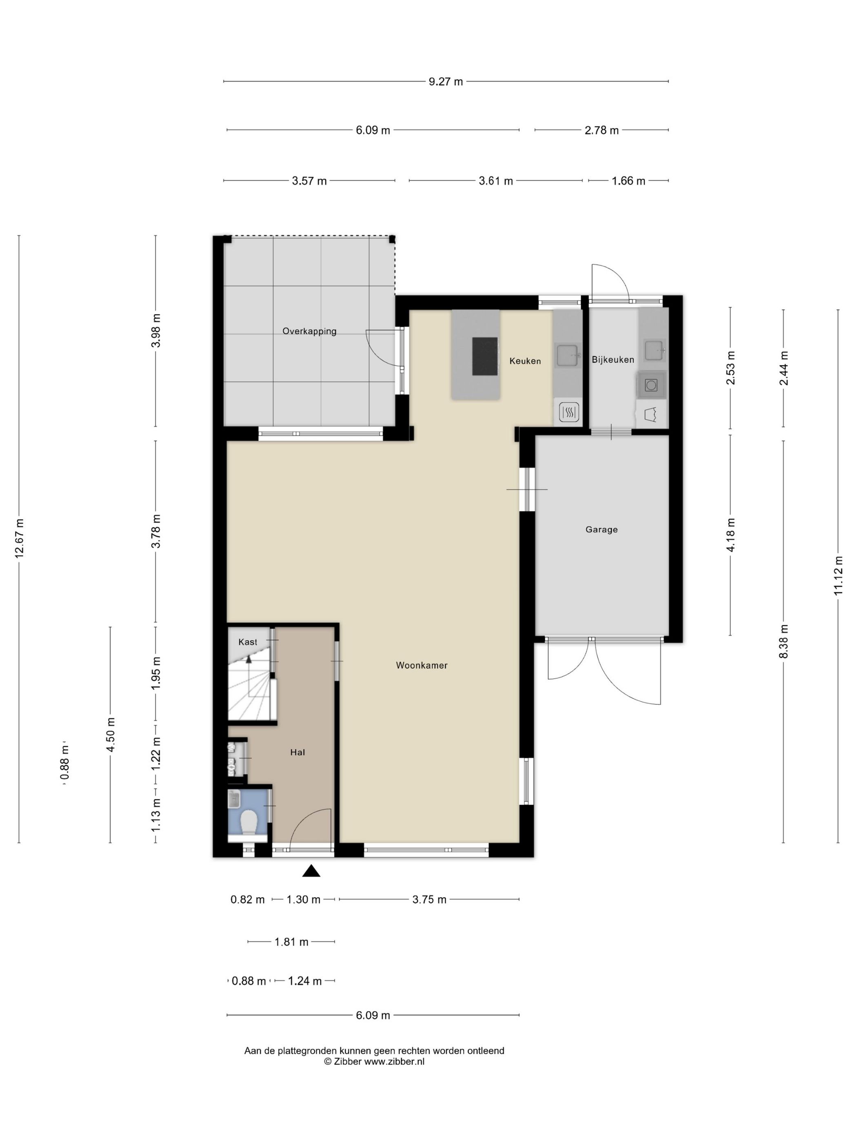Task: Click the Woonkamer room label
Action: point(422,666)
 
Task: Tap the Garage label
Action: point(601,530)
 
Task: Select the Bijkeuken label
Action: point(613,360)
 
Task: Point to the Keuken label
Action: point(525,361)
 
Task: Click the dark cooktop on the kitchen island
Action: point(484,356)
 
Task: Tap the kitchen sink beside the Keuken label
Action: point(567,355)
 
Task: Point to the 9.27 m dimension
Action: point(446,82)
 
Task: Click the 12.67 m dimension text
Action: point(19,538)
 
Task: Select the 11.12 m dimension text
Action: point(838,575)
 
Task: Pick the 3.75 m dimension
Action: point(429,900)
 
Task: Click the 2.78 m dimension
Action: point(601,131)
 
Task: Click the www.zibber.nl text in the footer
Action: point(394,1062)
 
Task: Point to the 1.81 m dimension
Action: point(291,942)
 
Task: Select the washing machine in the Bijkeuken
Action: point(651,385)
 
